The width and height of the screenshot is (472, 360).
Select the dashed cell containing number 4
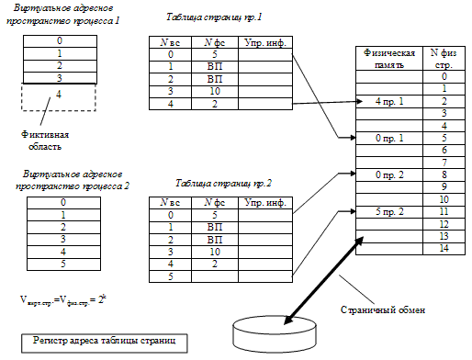click(59, 96)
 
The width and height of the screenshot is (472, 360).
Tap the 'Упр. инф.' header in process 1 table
click(262, 41)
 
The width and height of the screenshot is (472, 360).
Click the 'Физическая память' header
click(384, 60)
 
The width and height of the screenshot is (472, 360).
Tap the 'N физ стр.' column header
click(443, 60)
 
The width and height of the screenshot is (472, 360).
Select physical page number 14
click(443, 248)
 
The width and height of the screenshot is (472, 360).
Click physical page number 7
click(443, 162)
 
